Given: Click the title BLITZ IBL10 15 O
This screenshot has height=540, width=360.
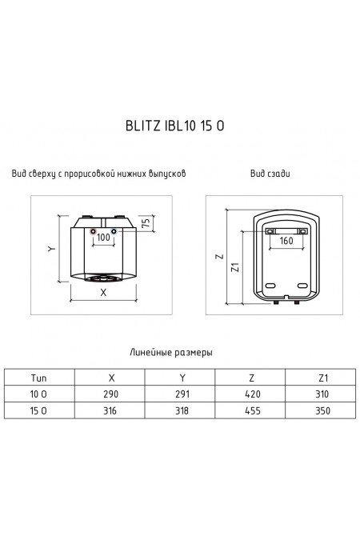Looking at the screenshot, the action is (x=174, y=126).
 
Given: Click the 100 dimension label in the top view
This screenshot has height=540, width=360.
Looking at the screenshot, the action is (x=103, y=238).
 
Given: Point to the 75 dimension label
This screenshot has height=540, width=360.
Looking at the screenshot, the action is (x=146, y=222).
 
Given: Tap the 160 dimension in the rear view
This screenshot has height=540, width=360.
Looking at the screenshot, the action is (x=286, y=240).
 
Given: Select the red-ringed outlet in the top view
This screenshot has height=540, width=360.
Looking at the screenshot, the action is (x=93, y=230).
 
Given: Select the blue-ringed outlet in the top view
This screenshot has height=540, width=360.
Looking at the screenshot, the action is (x=114, y=230).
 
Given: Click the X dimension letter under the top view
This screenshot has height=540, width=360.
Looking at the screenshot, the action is (x=103, y=292).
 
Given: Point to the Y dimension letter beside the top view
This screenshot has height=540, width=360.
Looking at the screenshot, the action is (x=52, y=248).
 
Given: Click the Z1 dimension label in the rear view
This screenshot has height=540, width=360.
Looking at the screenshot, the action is (x=235, y=267).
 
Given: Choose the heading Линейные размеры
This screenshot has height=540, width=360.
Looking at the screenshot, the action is (x=171, y=352).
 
